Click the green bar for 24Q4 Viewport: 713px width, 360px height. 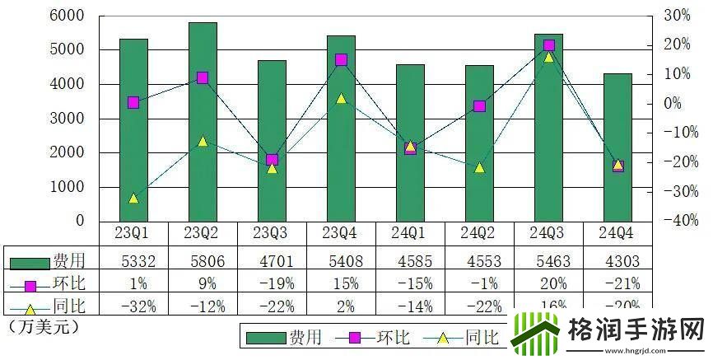click(618, 147)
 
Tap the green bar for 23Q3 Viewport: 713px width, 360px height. click(272, 141)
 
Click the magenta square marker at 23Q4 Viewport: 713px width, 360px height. click(341, 60)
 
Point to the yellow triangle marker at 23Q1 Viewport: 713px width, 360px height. click(133, 199)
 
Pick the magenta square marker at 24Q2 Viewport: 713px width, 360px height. click(479, 106)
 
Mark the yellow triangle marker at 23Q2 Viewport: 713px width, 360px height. click(203, 141)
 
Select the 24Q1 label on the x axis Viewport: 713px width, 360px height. click(410, 234)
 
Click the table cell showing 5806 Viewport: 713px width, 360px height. click(202, 262)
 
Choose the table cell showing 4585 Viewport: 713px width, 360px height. click(410, 262)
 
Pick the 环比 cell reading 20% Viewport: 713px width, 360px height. click(548, 284)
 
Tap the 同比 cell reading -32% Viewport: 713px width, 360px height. click(133, 306)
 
